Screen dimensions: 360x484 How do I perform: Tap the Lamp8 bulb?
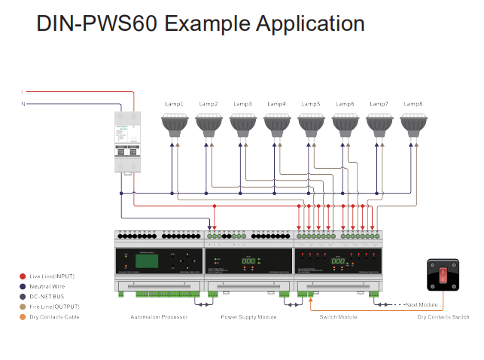pyautogui.click(x=413, y=124)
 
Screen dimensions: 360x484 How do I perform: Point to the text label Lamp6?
pyautogui.click(x=345, y=104)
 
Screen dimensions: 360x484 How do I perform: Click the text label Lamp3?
pyautogui.click(x=242, y=104)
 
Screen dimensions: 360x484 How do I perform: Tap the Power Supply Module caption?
pyautogui.click(x=248, y=317)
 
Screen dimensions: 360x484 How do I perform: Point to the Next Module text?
pyautogui.click(x=422, y=304)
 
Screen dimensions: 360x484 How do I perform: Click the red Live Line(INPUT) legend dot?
pyautogui.click(x=23, y=276)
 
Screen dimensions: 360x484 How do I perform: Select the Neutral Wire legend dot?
pyautogui.click(x=23, y=286)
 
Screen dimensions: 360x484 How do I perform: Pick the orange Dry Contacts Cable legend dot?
pyautogui.click(x=23, y=317)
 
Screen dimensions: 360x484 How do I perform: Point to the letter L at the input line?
pyautogui.click(x=23, y=93)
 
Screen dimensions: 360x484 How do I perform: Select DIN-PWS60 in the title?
pyautogui.click(x=97, y=23)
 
